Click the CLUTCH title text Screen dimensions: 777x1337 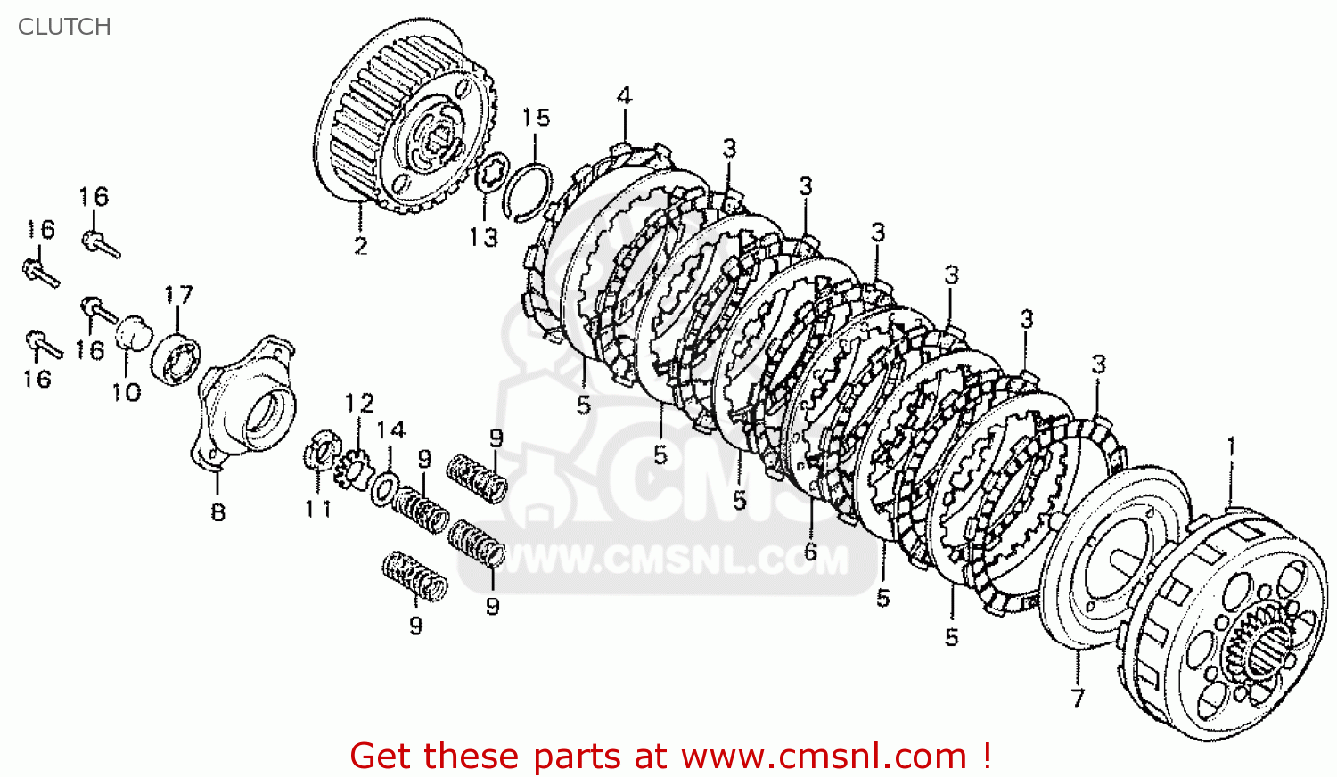(64, 27)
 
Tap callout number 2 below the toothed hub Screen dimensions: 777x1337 (360, 246)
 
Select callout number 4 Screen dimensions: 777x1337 (624, 96)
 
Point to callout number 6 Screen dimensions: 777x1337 (810, 552)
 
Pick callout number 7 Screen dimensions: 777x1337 (1078, 698)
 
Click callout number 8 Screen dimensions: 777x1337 (218, 512)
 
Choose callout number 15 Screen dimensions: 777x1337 (536, 118)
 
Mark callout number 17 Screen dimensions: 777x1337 (178, 295)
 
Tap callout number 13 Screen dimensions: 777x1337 (484, 238)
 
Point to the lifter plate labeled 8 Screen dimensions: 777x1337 (246, 401)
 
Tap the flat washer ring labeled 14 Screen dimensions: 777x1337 (386, 489)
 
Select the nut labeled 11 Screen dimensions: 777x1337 (320, 450)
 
